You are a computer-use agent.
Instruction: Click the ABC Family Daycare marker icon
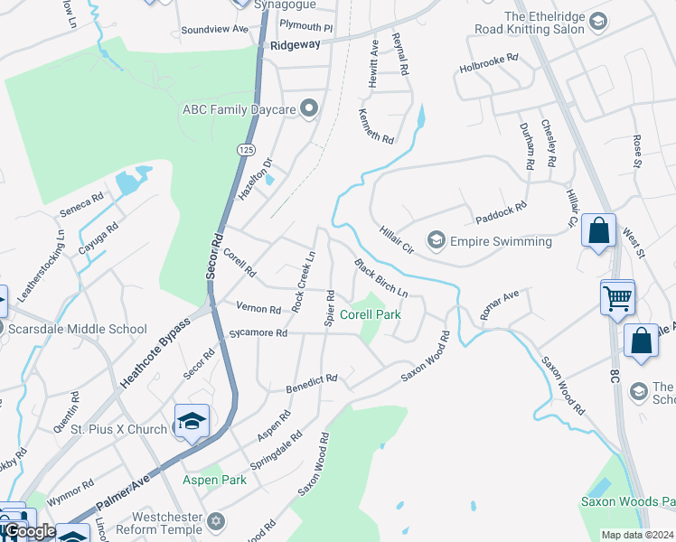click(x=309, y=110)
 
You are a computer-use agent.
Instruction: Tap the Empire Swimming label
click(x=500, y=241)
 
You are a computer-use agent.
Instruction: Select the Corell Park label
click(x=370, y=315)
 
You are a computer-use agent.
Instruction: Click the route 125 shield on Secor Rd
click(x=246, y=148)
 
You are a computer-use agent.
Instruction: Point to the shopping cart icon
click(x=617, y=297)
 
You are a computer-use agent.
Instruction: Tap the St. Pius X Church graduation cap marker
click(x=192, y=422)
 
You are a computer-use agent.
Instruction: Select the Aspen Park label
click(x=214, y=481)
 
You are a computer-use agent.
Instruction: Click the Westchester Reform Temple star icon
click(x=215, y=521)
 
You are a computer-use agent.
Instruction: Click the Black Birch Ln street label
click(x=380, y=280)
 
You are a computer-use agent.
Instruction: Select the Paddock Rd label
click(x=501, y=214)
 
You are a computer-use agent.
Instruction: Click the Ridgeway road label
click(x=295, y=44)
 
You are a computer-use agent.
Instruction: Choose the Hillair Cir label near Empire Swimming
click(x=396, y=240)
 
